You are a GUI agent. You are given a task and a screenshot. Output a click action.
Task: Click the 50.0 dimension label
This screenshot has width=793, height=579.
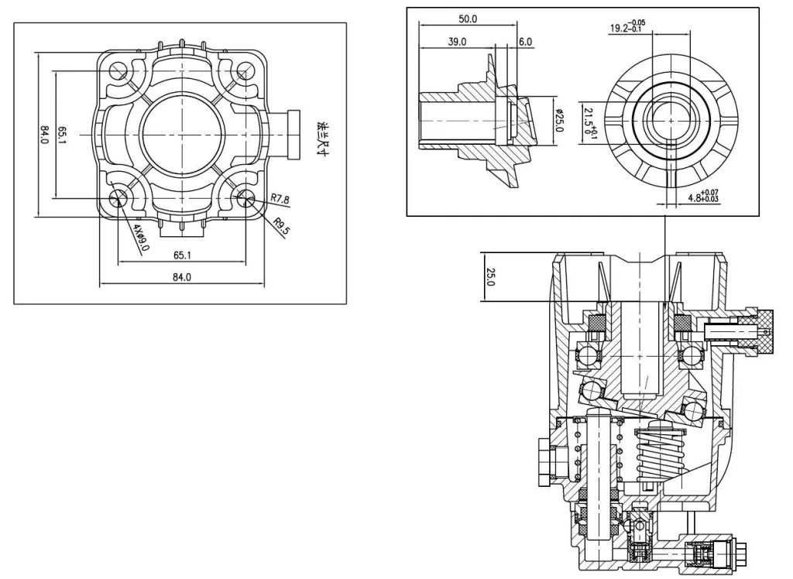468,19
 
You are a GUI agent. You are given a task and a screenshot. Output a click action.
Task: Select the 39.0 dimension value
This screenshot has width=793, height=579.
457,42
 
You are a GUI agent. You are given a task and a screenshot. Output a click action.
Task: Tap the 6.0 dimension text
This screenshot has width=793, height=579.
526,42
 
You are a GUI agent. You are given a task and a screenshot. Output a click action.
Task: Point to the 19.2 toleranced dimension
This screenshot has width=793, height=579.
627,26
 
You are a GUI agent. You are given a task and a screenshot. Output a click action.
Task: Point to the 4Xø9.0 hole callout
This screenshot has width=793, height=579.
141,238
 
